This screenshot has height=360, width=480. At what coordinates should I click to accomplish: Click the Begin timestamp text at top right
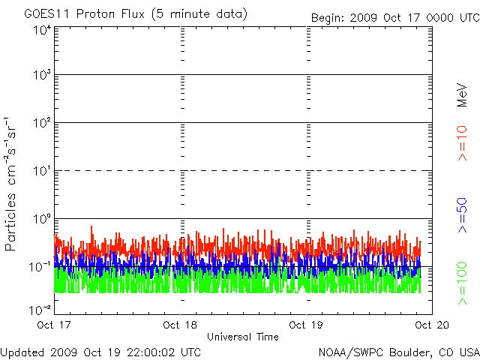click(x=394, y=18)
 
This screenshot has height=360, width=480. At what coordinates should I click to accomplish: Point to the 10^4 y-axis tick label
click(x=41, y=30)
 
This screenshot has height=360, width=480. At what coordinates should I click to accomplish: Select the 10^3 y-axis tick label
click(x=41, y=76)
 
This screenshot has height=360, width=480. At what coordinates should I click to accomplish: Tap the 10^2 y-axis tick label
click(x=41, y=123)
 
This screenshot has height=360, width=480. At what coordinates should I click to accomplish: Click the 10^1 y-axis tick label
click(x=41, y=171)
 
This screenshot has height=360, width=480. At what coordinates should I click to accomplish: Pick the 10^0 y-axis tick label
click(x=41, y=218)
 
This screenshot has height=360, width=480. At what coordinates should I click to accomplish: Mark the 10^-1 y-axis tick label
click(x=41, y=266)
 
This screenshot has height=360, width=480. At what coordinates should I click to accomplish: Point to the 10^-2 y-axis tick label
click(x=41, y=307)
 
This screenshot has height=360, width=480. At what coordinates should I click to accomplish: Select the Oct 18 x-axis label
click(x=180, y=325)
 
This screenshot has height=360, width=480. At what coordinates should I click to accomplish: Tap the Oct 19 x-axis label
click(x=306, y=325)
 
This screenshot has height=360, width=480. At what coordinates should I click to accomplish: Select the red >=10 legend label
click(x=463, y=144)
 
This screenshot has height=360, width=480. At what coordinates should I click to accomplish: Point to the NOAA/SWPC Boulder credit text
click(x=398, y=351)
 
